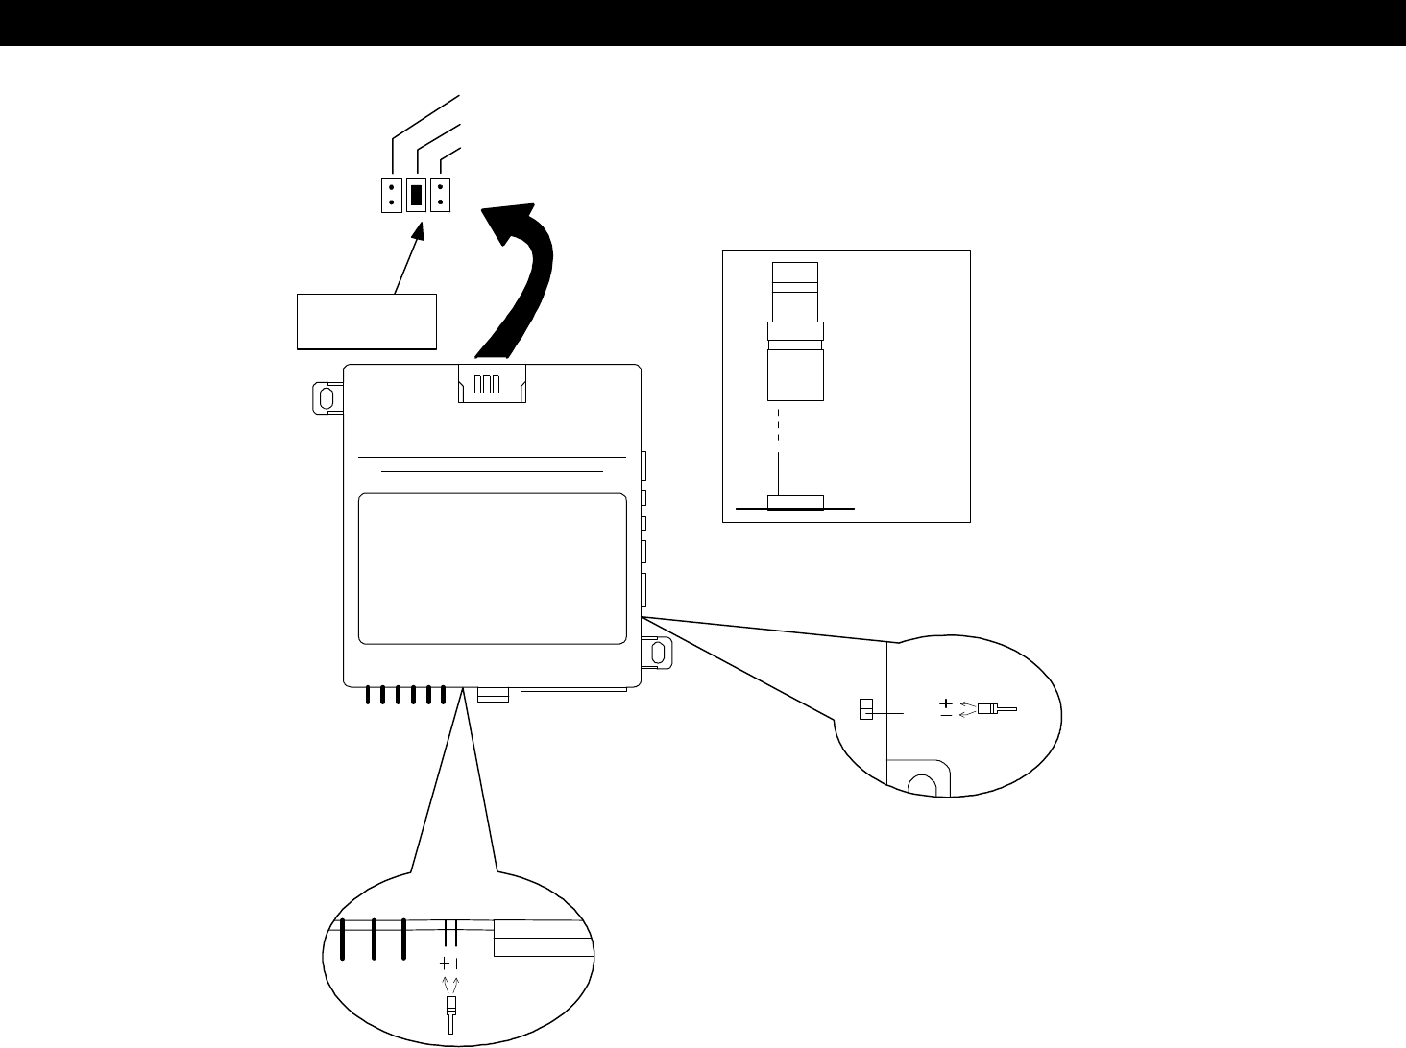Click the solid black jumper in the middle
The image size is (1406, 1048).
click(x=417, y=195)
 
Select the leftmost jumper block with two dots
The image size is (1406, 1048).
click(x=391, y=195)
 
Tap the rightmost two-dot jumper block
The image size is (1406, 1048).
click(x=441, y=195)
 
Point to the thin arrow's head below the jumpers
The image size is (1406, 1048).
click(x=420, y=231)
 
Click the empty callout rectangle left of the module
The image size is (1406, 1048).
click(x=367, y=321)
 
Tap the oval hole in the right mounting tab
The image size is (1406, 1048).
click(x=659, y=653)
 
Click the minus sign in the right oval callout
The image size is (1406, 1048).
click(x=946, y=715)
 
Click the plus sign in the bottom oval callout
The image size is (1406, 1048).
click(x=445, y=963)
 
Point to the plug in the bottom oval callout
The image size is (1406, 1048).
click(x=450, y=1011)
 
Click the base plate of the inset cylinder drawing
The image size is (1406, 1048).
click(x=794, y=501)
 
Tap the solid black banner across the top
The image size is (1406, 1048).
click(x=703, y=23)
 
